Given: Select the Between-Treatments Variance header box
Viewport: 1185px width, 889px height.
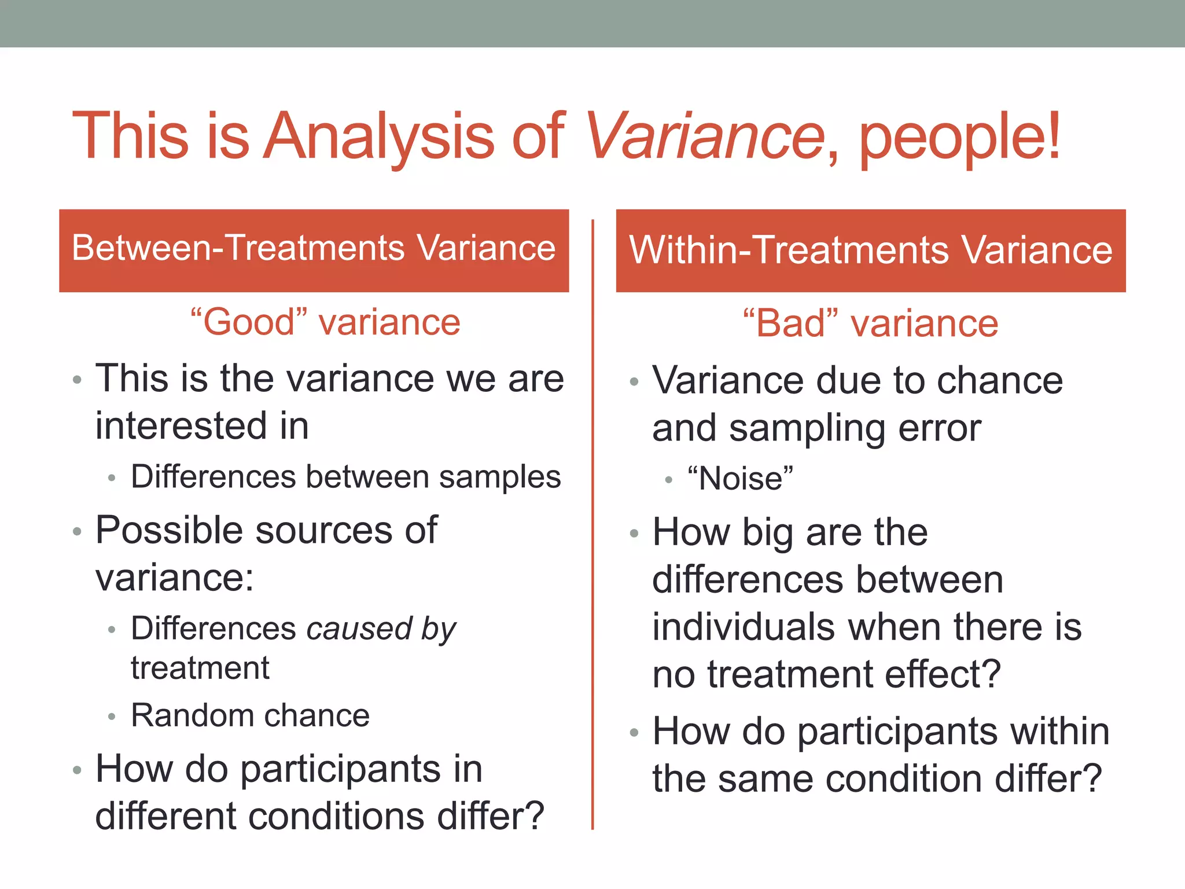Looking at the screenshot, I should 314,250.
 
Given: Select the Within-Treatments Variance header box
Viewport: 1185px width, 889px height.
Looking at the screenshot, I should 870,250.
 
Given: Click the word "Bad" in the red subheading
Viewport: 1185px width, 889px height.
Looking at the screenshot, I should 790,323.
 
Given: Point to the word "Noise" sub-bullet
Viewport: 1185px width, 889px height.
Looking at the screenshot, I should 741,479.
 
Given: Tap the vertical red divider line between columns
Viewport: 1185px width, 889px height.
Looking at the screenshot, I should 592,521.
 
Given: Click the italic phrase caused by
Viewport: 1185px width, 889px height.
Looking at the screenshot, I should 381,629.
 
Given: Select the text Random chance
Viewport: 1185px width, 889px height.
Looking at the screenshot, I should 250,715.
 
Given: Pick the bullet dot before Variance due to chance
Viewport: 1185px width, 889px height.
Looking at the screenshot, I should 634,382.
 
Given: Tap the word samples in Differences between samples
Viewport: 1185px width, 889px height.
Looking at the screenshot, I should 499,477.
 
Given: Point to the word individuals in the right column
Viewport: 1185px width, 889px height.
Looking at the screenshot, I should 743,627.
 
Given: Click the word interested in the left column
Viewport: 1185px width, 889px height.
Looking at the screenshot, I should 181,426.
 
